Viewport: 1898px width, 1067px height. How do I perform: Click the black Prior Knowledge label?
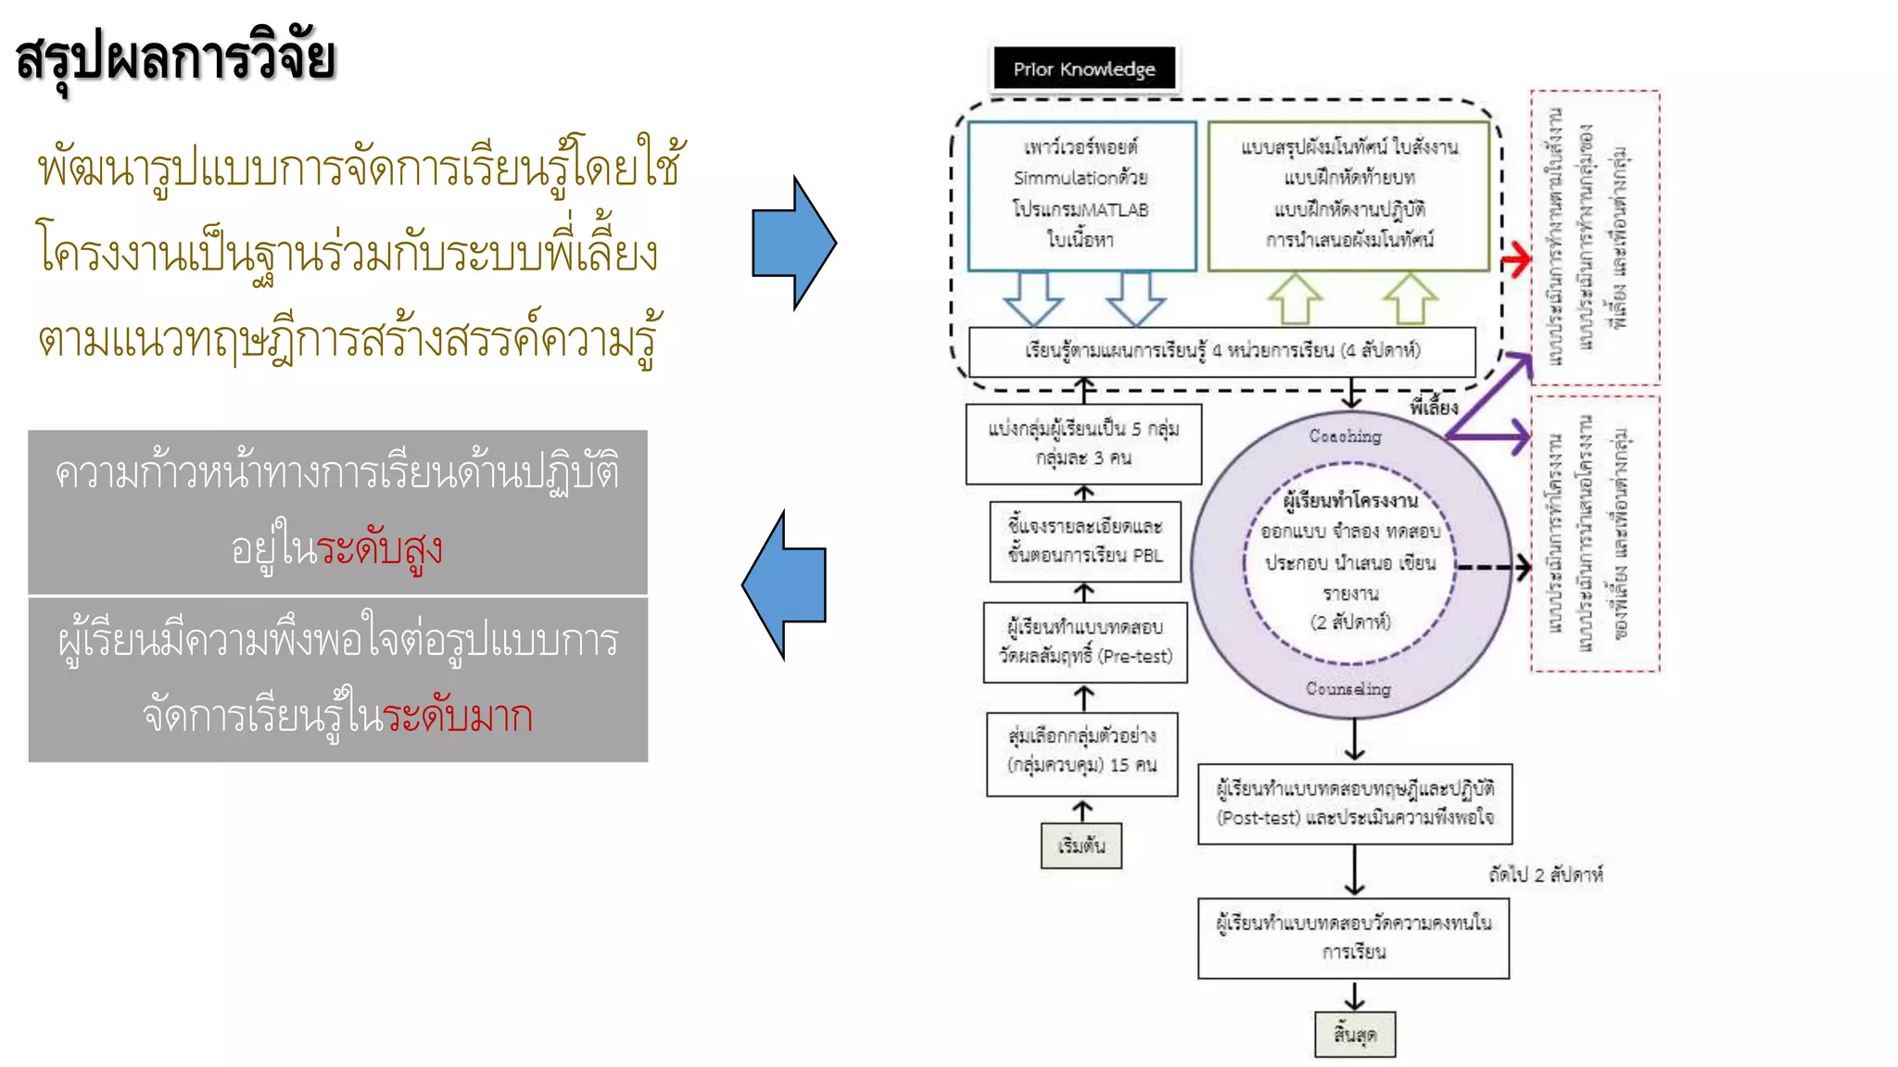point(1083,69)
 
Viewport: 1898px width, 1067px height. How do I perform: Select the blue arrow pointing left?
point(784,585)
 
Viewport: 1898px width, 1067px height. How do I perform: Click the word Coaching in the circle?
point(1345,436)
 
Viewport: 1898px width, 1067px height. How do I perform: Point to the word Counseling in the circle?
point(1348,688)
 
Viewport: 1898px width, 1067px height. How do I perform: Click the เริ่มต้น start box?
point(1081,846)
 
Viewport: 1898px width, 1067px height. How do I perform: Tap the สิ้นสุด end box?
point(1354,1034)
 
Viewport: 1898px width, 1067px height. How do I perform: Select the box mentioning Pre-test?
point(1084,642)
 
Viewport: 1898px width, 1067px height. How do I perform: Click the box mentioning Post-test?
point(1354,803)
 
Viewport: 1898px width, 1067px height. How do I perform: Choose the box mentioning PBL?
point(1084,541)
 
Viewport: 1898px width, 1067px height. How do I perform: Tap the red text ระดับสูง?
point(379,548)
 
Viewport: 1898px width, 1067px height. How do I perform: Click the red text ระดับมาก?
point(457,716)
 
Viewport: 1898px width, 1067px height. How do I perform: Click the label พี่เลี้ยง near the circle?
point(1433,407)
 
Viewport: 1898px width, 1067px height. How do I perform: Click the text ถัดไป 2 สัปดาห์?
point(1545,874)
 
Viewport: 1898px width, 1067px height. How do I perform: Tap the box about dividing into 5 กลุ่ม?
point(1082,443)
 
